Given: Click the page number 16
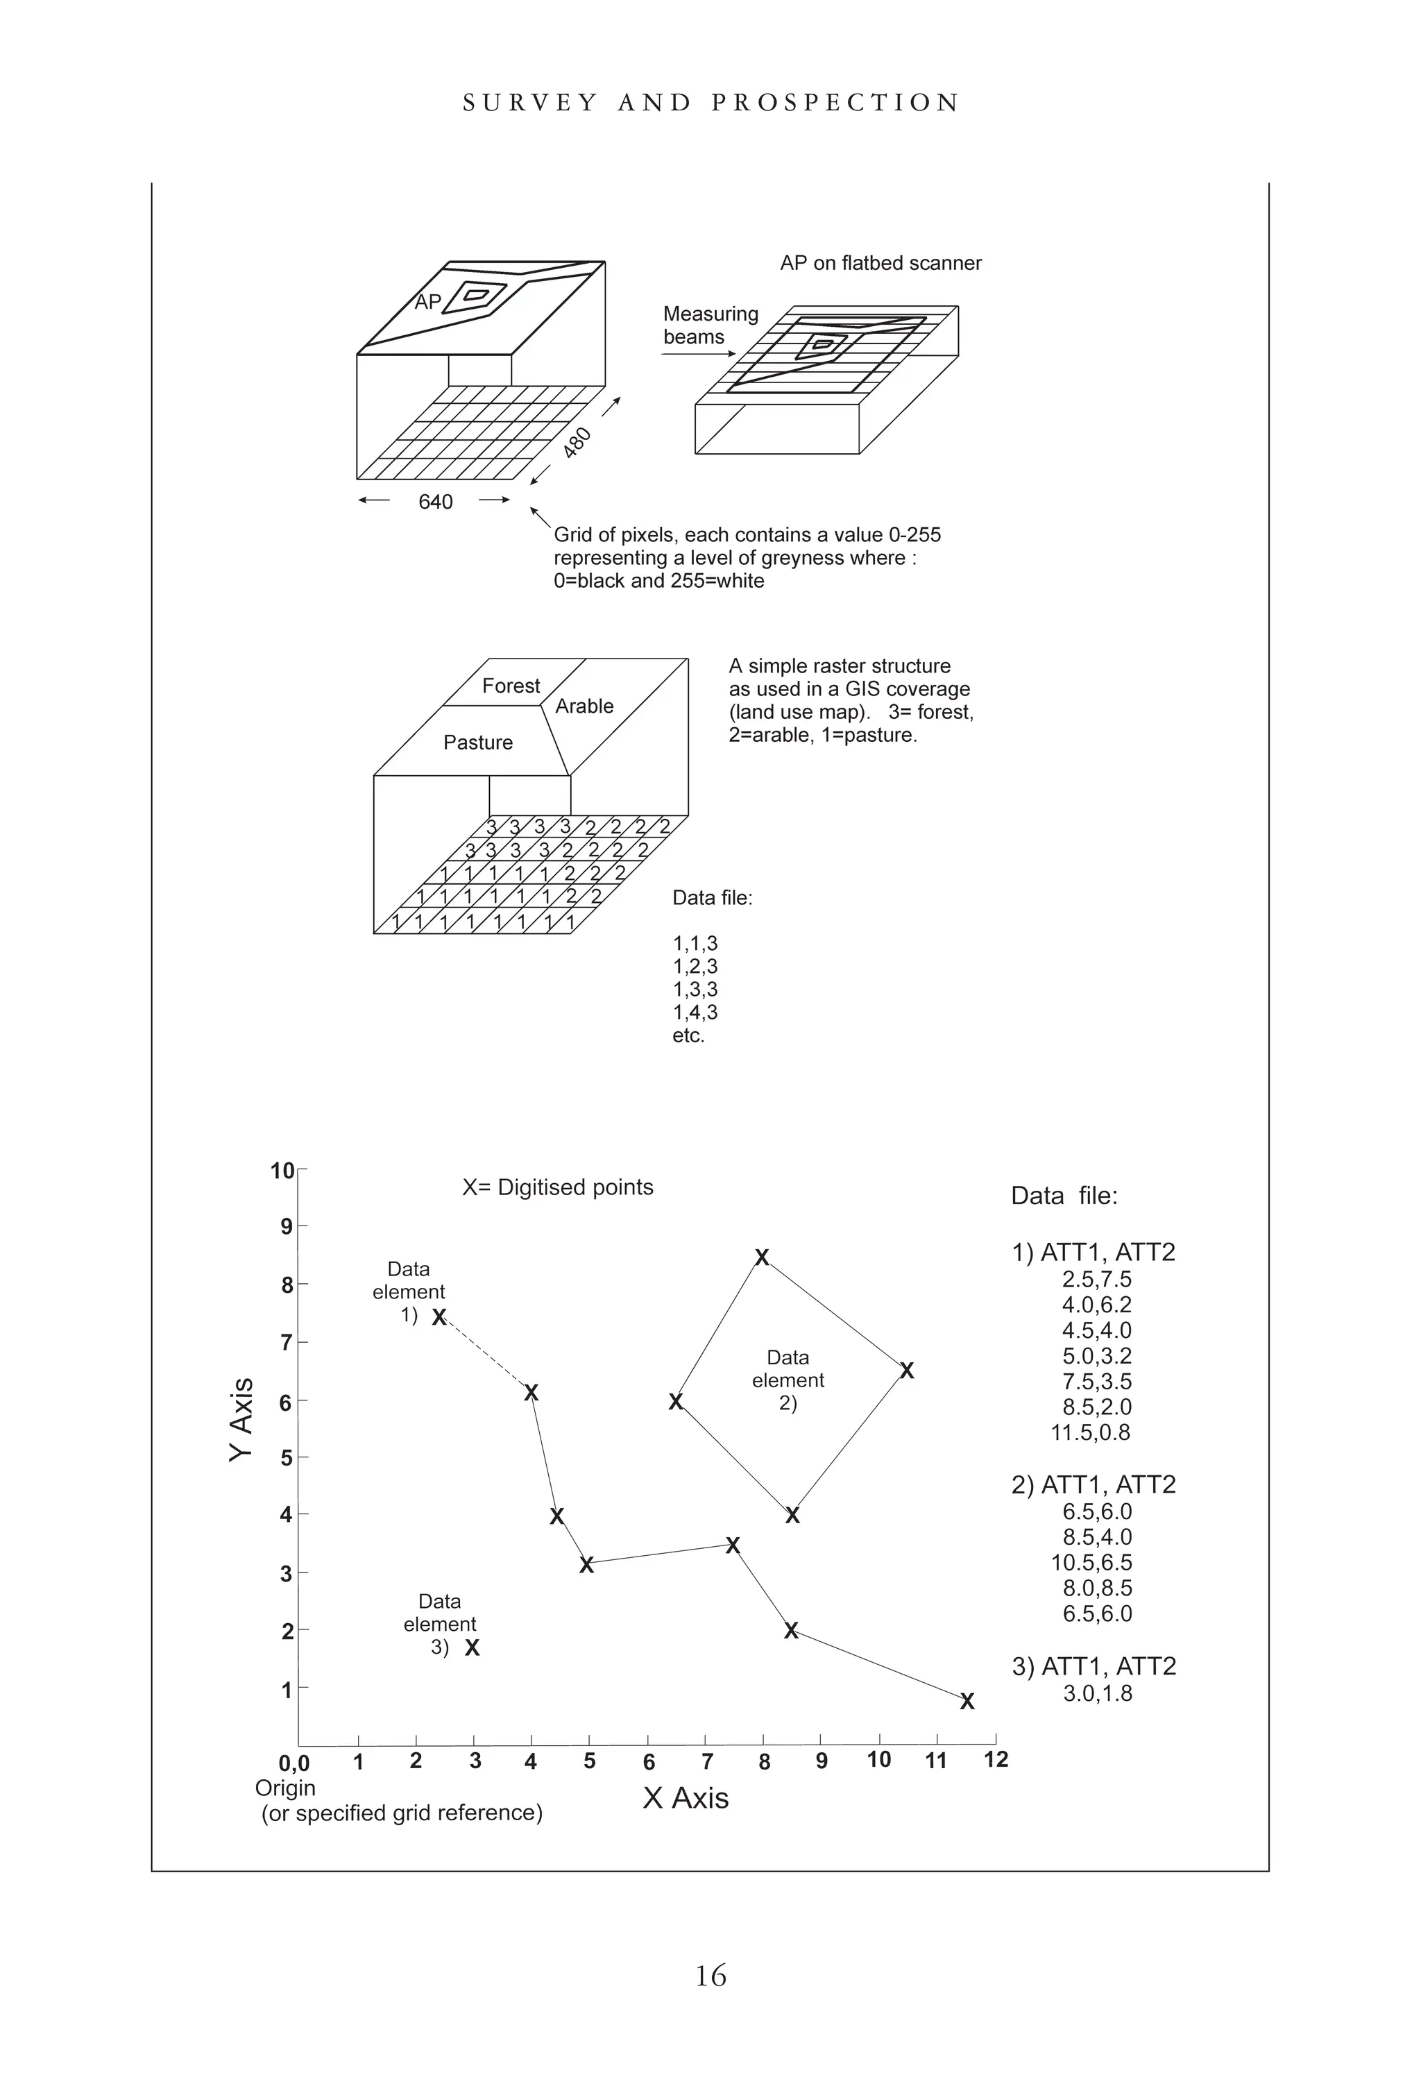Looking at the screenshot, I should (x=710, y=1974).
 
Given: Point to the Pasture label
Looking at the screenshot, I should (x=478, y=743).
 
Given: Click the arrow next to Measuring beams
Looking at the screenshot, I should (x=698, y=354).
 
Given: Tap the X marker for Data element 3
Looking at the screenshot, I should (x=473, y=1647).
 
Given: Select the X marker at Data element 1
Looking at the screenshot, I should (x=439, y=1317).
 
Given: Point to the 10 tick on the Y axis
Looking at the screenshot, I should (x=282, y=1171).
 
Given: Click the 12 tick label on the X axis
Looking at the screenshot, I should (x=996, y=1760).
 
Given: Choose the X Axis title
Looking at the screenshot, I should (x=686, y=1798).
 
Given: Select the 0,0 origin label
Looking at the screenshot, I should (x=294, y=1763).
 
